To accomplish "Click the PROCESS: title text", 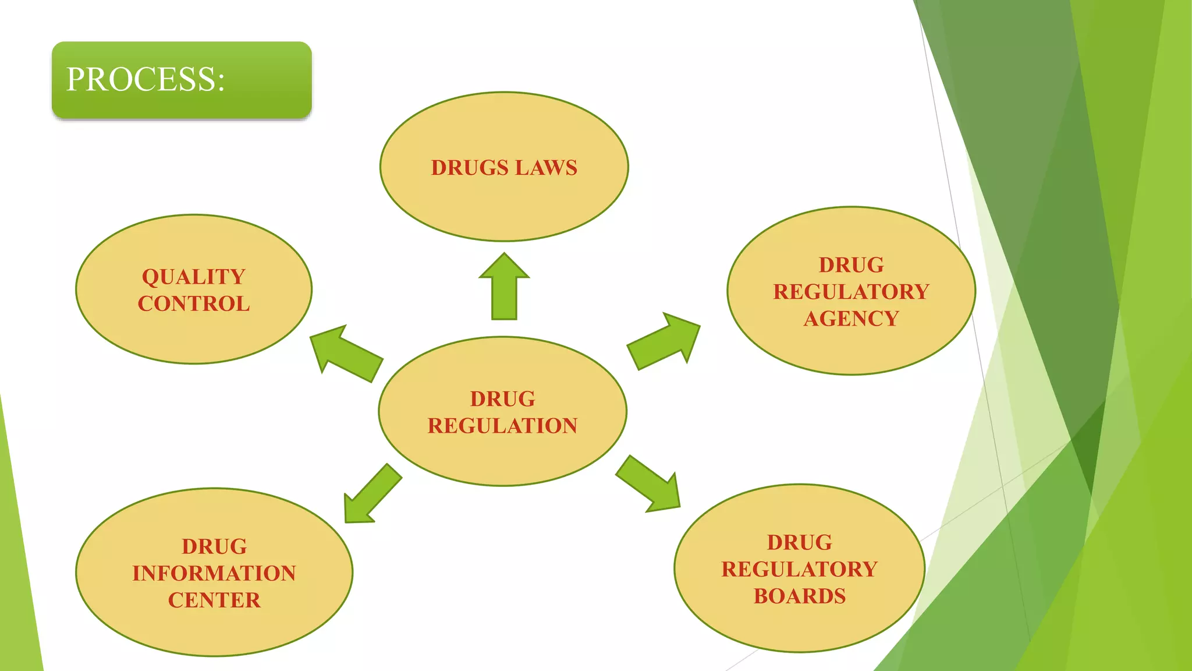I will click(146, 79).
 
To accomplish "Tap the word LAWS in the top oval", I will click(546, 168).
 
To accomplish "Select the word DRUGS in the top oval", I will click(470, 168).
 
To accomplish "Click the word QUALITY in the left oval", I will click(194, 277).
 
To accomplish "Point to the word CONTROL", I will click(194, 303).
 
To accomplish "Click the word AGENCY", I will click(851, 319).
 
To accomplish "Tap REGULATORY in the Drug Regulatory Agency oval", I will click(851, 292).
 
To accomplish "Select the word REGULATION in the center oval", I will click(502, 426).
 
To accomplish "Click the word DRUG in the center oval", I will click(502, 399).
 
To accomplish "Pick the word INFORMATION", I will click(214, 573).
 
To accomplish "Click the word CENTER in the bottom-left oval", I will click(214, 600).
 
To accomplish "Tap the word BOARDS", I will click(800, 596).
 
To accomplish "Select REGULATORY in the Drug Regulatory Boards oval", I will click(800, 569).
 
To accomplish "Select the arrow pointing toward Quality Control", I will click(346, 352).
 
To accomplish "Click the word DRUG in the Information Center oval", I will click(214, 546).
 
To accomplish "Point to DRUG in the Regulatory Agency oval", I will click(851, 265).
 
